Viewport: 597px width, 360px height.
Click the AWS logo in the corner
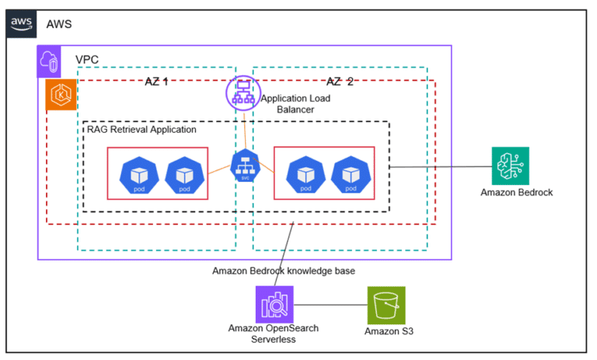tap(21, 24)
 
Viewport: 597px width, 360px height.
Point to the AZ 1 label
tap(157, 82)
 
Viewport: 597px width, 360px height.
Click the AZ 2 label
tap(340, 82)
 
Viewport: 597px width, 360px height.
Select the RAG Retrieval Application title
tap(141, 129)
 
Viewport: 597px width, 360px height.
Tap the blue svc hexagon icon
tap(244, 167)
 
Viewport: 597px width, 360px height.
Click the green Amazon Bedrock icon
tap(511, 166)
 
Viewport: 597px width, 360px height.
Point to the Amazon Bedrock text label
tap(516, 192)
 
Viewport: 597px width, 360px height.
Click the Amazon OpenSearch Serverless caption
tap(273, 334)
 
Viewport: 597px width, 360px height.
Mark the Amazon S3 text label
tap(389, 331)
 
